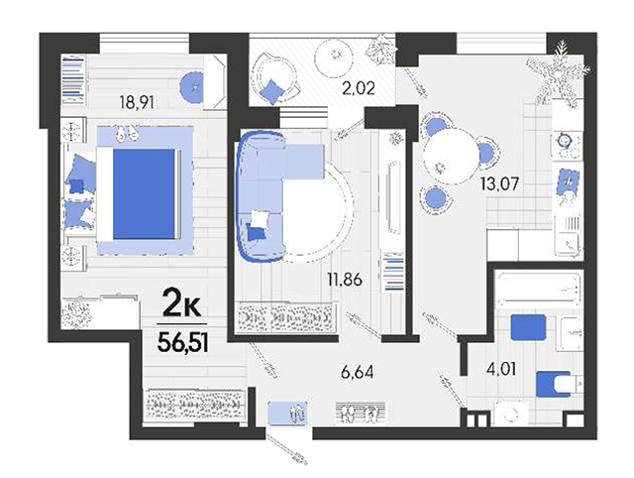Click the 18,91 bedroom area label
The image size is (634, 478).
137,103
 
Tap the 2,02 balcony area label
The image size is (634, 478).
359,88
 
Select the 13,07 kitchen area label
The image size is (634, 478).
499,184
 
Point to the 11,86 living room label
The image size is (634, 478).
345,280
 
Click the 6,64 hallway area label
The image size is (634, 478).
357,372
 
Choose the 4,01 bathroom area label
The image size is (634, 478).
501,369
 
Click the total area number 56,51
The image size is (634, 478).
182,343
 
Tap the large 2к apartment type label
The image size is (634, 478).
181,304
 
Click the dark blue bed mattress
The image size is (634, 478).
145,193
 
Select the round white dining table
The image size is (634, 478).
452,157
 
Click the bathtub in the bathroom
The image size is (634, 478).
538,289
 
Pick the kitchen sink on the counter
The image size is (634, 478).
569,235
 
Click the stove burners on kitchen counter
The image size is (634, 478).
566,145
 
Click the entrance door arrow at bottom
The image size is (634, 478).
287,448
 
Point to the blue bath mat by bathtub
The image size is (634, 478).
528,327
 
